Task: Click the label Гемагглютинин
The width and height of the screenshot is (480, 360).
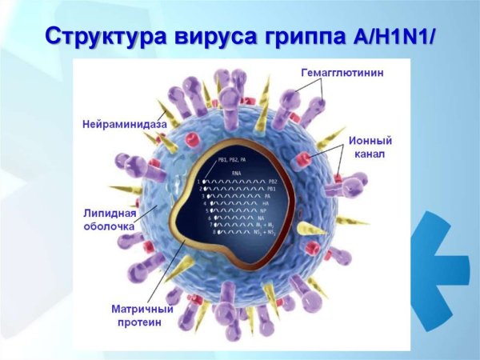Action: pyautogui.click(x=342, y=73)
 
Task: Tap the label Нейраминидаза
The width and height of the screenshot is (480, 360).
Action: pyautogui.click(x=123, y=125)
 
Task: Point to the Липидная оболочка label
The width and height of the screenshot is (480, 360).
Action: pyautogui.click(x=114, y=220)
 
